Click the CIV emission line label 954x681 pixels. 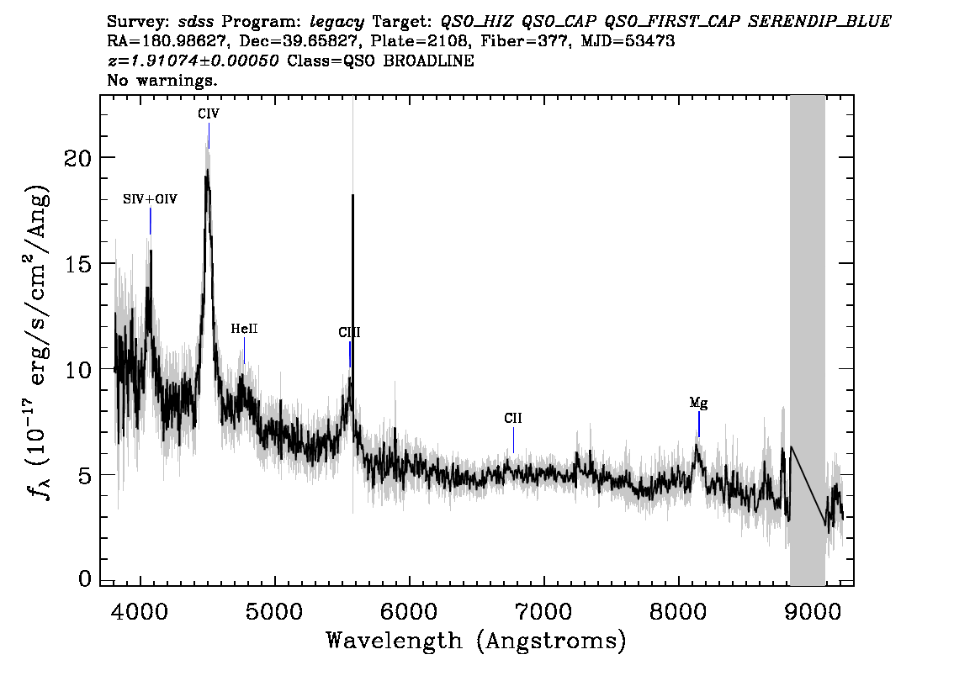[209, 113]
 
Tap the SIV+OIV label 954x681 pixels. [150, 199]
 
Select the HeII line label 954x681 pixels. [244, 329]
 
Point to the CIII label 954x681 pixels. [349, 333]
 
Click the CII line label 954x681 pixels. [513, 419]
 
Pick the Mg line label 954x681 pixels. [698, 403]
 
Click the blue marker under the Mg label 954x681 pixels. [699, 425]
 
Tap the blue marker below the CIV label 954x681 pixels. [209, 135]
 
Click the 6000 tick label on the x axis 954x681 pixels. [410, 611]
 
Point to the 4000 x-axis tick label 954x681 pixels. [140, 611]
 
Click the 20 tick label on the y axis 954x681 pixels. [77, 158]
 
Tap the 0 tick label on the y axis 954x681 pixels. [85, 578]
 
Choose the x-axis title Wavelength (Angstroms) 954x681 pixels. [476, 641]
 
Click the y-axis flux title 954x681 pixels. [39, 340]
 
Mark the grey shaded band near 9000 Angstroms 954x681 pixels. [808, 340]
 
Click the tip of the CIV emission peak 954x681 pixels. [207, 170]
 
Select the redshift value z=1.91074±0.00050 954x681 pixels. [193, 61]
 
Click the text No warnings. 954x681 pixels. [162, 80]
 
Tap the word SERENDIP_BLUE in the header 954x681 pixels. [819, 22]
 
